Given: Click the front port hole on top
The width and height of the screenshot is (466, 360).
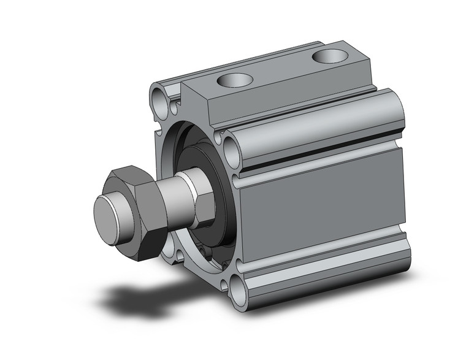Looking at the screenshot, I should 236,80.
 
